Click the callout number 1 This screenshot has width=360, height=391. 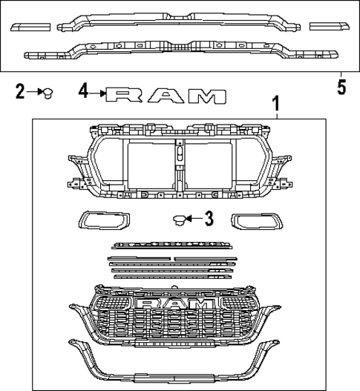click(x=278, y=103)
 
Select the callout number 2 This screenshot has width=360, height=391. click(x=21, y=91)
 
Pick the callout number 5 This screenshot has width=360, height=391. click(x=341, y=87)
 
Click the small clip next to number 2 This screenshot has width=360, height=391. click(x=48, y=92)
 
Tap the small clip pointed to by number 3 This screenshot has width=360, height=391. click(x=178, y=219)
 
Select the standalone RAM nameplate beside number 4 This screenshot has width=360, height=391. click(x=165, y=94)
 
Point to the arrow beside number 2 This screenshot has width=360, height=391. click(x=34, y=91)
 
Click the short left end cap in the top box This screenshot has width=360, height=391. click(x=30, y=26)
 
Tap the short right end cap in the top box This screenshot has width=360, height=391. click(x=329, y=26)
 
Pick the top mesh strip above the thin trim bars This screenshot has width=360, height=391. click(x=171, y=245)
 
